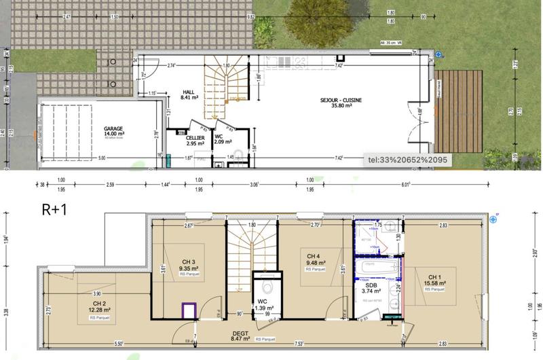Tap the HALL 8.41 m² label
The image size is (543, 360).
pos(189,94)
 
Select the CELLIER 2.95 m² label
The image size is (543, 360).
pos(195,141)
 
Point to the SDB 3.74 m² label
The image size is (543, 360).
pos(372,287)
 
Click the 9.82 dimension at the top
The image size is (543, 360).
pos(250,15)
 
